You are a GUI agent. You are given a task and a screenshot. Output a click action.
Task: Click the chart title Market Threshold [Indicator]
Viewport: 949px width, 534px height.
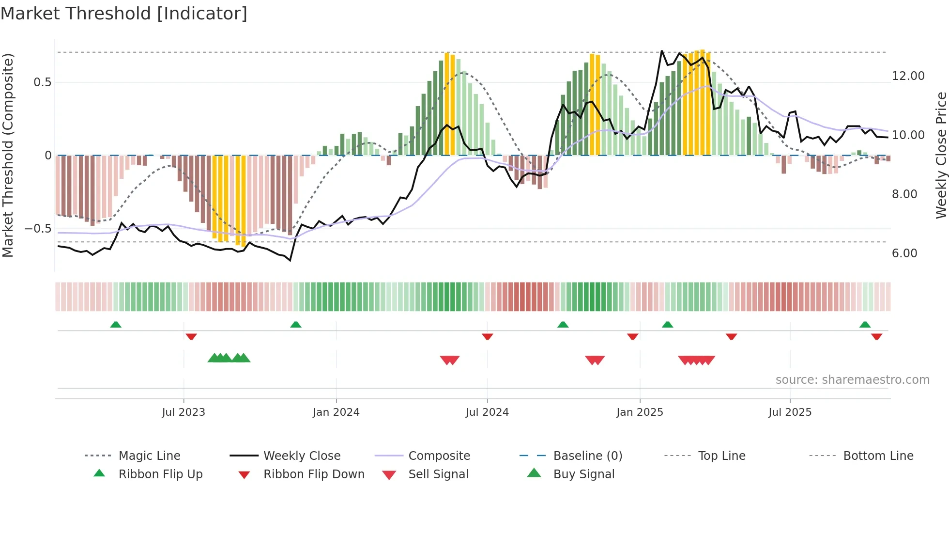124,14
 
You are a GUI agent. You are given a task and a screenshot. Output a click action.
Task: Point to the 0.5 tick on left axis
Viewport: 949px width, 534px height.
42,82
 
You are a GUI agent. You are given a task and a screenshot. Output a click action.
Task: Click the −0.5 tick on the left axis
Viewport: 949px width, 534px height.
38,229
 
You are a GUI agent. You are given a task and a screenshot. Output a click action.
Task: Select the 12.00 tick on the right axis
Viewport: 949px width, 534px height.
908,76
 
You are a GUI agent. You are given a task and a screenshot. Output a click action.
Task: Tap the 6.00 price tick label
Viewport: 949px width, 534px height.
904,253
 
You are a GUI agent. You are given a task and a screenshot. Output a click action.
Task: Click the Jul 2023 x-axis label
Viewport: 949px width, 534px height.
184,412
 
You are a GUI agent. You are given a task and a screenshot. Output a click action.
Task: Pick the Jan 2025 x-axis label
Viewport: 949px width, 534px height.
640,412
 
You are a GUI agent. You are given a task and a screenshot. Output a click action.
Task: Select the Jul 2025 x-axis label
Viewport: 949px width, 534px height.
790,412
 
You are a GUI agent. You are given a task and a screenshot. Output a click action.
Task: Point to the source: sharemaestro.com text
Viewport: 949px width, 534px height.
852,380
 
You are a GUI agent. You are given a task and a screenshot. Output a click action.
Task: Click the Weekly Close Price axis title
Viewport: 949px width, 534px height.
941,155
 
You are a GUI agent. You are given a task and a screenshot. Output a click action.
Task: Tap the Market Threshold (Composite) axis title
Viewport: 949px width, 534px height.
8,155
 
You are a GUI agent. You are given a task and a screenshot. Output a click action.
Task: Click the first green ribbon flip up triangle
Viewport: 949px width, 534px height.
116,325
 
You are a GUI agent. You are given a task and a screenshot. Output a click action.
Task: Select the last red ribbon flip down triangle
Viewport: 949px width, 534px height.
876,336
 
